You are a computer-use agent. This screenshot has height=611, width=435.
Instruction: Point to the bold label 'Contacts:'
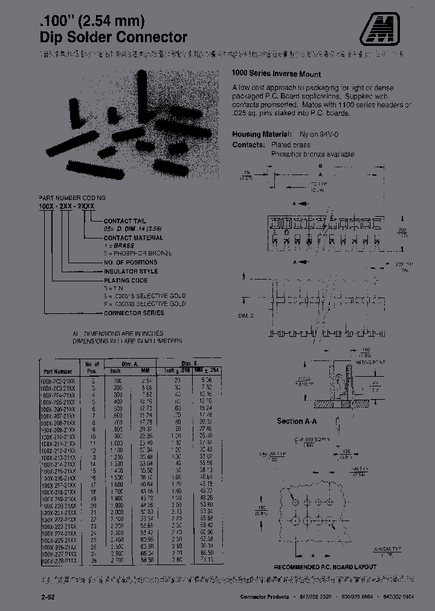248,145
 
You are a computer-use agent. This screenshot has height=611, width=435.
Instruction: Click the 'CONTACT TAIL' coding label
125,222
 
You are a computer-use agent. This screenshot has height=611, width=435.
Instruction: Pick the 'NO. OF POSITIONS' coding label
130,262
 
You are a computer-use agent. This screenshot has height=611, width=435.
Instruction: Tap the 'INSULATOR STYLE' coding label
130,271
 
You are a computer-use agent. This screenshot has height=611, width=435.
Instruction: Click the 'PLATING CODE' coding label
126,280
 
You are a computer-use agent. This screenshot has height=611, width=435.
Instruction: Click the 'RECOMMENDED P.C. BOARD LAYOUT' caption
325,567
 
